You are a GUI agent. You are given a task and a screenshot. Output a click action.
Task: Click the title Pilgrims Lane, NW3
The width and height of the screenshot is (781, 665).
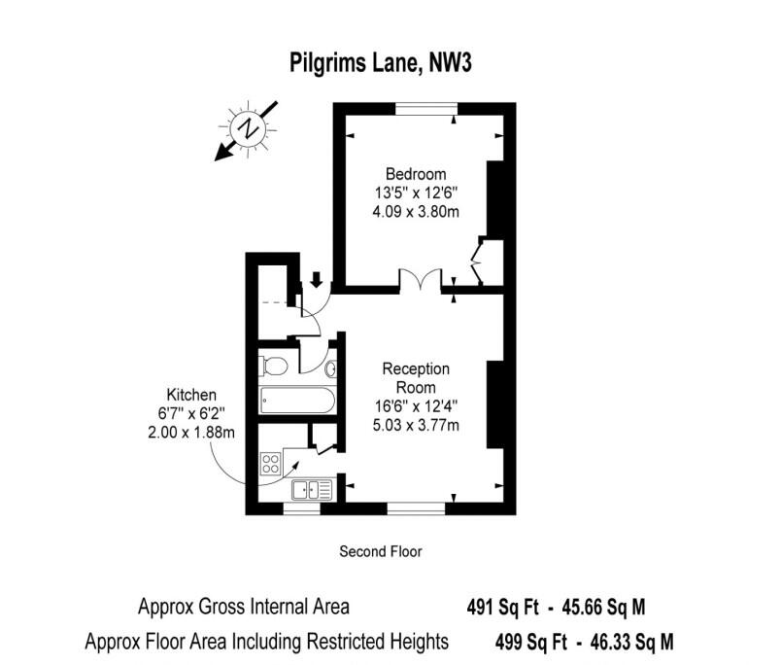point(381,63)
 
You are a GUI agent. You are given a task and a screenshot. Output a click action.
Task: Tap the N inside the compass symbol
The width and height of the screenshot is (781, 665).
point(247,129)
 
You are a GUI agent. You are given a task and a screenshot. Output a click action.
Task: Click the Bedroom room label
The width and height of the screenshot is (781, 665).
point(416,174)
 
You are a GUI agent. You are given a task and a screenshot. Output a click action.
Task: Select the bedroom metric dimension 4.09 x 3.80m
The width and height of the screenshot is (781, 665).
point(416,211)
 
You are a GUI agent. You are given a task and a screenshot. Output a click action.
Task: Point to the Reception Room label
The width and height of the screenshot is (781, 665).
point(416,378)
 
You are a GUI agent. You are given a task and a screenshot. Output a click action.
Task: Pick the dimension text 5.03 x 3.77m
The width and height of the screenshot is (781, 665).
point(416,425)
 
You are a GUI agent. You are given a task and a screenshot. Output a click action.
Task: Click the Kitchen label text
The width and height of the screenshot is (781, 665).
point(191,395)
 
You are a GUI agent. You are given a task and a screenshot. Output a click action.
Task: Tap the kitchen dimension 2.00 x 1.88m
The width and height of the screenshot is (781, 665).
point(191,432)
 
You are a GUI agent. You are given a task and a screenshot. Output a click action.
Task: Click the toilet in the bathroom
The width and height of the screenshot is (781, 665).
point(274,367)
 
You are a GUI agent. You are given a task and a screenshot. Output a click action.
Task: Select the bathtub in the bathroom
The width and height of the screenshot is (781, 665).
point(297,401)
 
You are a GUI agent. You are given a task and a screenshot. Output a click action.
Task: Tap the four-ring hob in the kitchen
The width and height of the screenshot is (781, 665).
point(270,463)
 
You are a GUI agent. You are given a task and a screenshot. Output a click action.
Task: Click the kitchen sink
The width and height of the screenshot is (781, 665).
point(312,490)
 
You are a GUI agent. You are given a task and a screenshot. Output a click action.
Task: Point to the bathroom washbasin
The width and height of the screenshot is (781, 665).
point(330,369)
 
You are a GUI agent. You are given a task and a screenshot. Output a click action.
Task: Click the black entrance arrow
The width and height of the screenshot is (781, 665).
point(317,279)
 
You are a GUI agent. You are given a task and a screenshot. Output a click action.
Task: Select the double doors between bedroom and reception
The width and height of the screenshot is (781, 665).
point(421,279)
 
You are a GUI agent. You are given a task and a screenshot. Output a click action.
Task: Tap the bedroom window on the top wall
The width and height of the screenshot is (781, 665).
point(426,109)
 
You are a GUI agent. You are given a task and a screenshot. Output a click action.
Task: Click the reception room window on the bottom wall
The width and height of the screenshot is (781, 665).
point(416,507)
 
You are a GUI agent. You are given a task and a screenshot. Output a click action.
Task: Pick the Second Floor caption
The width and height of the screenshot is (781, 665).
point(381,551)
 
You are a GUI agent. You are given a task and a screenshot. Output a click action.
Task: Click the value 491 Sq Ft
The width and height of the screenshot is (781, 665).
point(502,608)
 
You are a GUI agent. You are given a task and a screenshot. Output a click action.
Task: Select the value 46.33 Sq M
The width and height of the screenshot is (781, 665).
point(631,642)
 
